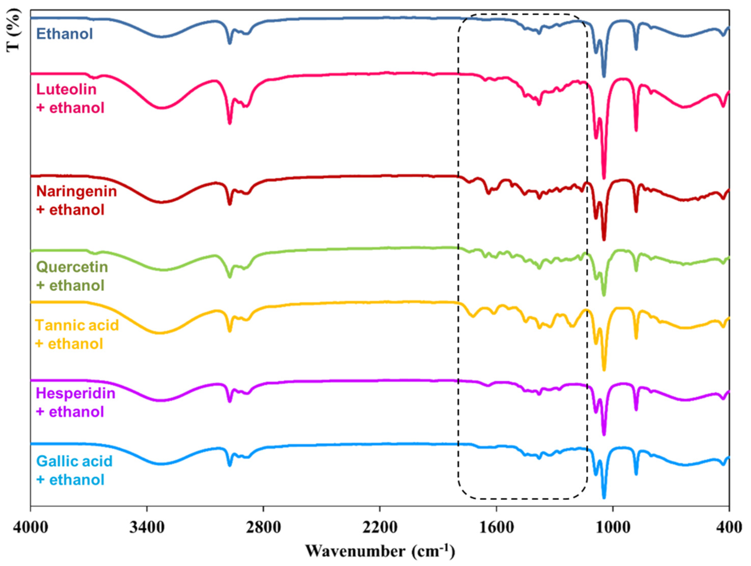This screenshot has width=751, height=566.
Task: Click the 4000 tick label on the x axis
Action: (31, 528)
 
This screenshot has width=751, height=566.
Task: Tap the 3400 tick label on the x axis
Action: (147, 528)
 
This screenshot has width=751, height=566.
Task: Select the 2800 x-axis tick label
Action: (263, 528)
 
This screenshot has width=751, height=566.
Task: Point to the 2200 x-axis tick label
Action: (380, 528)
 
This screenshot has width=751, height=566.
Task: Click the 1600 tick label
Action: (496, 528)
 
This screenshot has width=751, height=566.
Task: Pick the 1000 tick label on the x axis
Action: (613, 528)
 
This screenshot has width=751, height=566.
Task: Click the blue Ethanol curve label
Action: (64, 34)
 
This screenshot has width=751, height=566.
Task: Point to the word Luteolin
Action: (66, 90)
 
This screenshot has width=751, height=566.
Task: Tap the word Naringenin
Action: (76, 191)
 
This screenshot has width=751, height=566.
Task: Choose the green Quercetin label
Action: (72, 267)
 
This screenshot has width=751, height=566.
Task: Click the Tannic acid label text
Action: (77, 325)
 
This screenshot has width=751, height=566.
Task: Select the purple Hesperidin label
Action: (75, 393)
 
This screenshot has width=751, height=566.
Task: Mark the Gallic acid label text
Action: (74, 461)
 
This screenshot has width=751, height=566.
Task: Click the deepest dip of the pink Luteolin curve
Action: (604, 178)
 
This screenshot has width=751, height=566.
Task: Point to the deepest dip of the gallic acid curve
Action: (604, 498)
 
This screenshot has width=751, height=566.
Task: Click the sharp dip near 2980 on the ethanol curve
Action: (230, 43)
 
